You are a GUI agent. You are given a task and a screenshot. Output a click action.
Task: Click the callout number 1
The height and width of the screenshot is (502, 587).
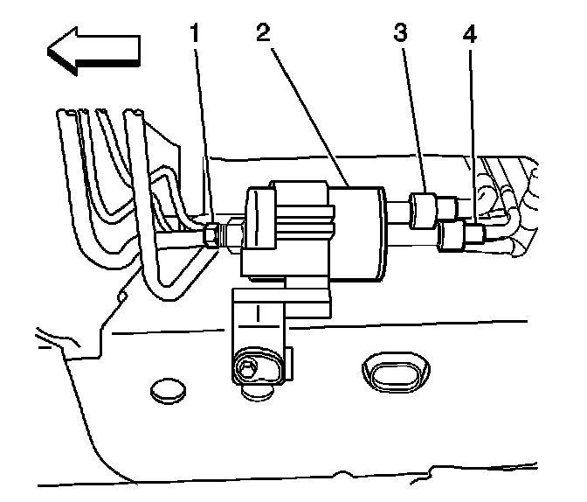pos(197,36)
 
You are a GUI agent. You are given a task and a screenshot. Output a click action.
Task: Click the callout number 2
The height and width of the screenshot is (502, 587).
pos(262,36)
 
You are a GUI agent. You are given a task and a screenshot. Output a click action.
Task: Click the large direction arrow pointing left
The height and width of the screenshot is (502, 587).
pos(93,52)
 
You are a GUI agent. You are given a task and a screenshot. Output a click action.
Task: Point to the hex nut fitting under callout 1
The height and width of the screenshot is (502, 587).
pos(211,234)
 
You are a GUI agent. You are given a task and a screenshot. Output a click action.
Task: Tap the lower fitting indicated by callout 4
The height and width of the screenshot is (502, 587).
pos(455,234)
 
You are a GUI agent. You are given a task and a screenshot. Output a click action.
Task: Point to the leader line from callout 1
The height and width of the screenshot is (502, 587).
pos(204,131)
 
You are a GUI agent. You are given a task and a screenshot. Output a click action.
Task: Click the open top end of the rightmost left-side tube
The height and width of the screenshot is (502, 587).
pos(135,115)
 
